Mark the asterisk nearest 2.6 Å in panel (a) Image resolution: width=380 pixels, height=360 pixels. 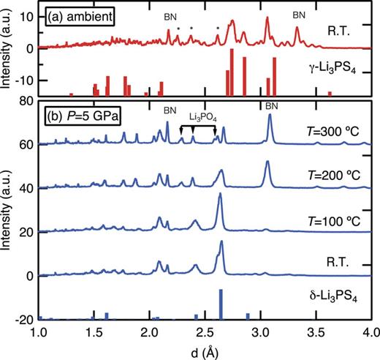(x=218, y=29)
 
